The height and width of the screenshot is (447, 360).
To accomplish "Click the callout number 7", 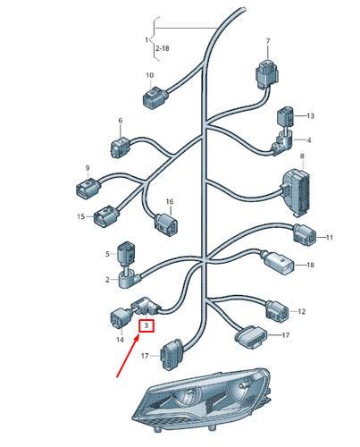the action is pos(267,41).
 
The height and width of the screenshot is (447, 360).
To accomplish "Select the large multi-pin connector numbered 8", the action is pos(296,191).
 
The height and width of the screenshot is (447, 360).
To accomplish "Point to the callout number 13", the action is pos(310,115).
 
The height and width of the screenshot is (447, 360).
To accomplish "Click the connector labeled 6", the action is pos(121,148).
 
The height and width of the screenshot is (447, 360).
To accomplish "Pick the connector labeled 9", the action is pos(88,188).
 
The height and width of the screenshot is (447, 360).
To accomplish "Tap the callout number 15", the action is pos(80,216).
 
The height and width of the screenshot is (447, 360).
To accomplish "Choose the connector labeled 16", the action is pos(166,224).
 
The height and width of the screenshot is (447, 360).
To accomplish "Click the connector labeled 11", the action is pos(305,235).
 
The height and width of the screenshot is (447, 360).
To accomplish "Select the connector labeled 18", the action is pos(279,262).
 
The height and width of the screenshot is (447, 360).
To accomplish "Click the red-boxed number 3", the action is pos(147,325).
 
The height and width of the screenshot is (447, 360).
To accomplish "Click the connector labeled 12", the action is pos(277,311).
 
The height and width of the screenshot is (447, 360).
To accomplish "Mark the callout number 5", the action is pos(107,254).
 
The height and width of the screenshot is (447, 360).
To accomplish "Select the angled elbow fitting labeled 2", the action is pos(129,280).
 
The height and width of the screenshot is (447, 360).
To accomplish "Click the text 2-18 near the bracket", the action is pos(163,48).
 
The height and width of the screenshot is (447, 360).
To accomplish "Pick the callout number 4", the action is pos(309,140).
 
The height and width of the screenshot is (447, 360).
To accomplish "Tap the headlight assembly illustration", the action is pos(202,400).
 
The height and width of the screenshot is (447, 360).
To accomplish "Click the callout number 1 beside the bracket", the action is pos(147,39).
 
